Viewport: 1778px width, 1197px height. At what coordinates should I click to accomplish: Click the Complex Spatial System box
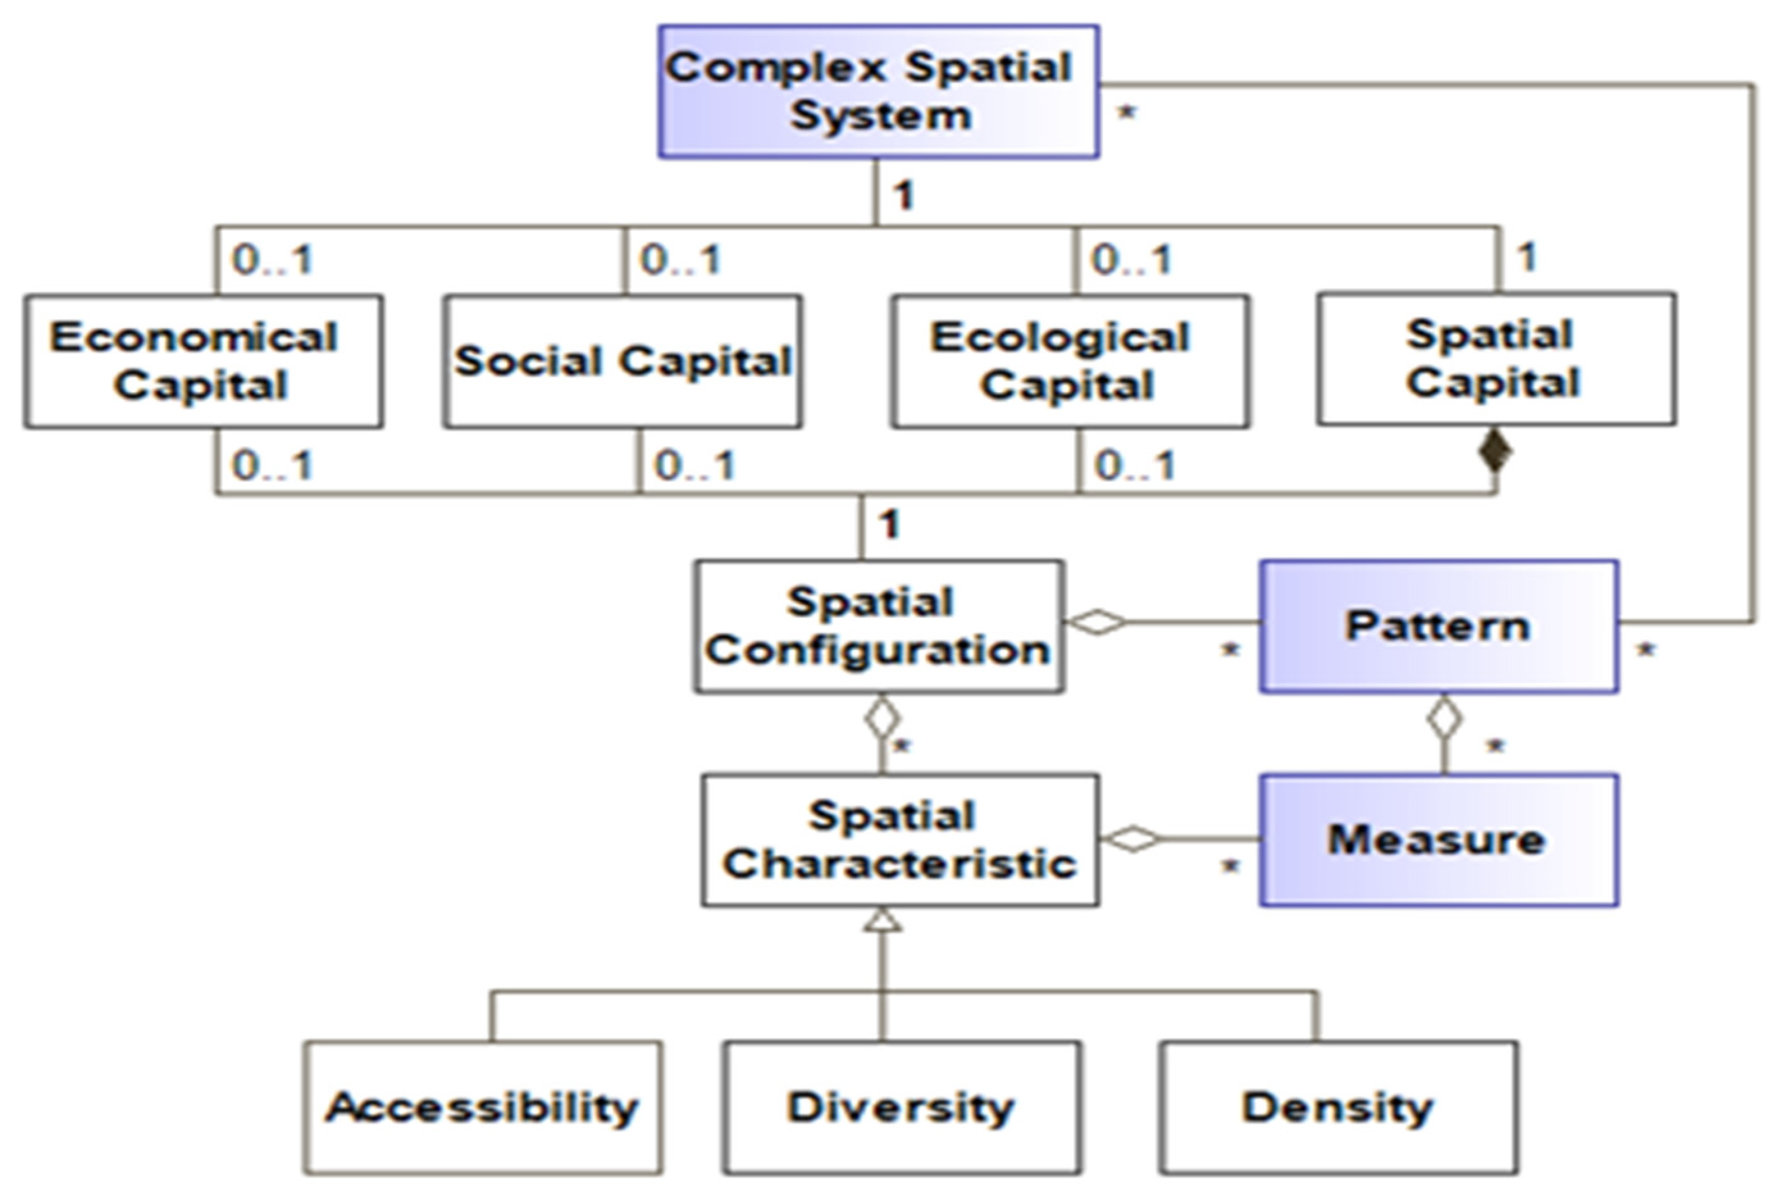(878, 92)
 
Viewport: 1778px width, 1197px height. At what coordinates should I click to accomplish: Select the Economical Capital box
(203, 360)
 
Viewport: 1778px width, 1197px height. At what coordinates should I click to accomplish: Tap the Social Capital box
(622, 360)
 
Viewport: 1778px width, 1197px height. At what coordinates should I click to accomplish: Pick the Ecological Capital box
(1070, 360)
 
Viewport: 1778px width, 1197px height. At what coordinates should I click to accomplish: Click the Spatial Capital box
(1496, 358)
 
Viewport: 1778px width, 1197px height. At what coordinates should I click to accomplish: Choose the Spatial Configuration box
(878, 627)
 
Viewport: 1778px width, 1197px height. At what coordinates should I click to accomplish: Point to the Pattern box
(1439, 627)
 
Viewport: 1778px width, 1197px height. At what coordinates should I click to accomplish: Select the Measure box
(1439, 839)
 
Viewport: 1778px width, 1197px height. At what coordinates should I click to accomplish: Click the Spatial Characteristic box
(900, 839)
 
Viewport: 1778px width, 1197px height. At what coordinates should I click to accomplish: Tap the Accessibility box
(482, 1107)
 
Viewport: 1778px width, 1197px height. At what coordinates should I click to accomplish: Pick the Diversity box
(901, 1107)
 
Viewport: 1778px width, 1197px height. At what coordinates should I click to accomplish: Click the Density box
(1338, 1107)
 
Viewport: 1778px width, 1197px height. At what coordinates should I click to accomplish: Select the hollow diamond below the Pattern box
(1444, 718)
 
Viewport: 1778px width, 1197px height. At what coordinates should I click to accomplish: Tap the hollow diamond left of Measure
(1132, 838)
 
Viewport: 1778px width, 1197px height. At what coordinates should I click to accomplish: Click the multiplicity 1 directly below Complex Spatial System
(904, 195)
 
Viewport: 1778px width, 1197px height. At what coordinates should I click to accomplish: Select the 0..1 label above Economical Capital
(272, 260)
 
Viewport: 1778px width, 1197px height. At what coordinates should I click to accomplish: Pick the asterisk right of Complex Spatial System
(1127, 114)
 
